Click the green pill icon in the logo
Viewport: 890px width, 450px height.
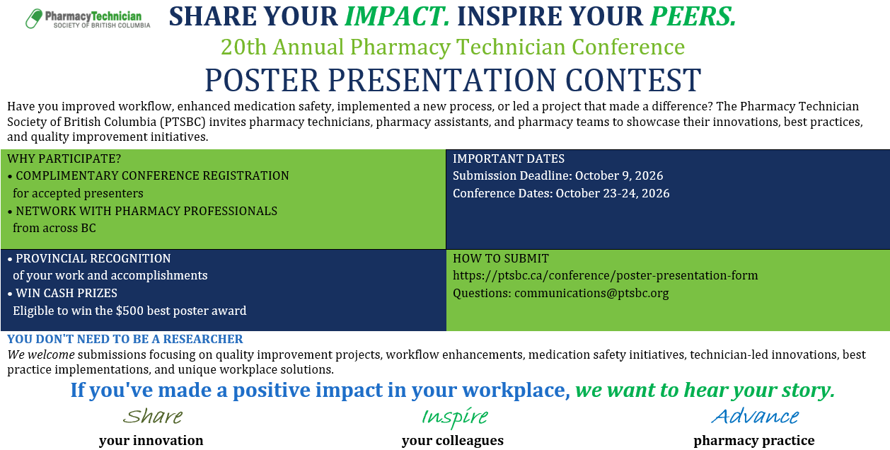(34, 18)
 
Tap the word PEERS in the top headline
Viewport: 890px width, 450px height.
(693, 17)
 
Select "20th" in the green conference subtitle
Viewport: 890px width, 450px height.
(243, 47)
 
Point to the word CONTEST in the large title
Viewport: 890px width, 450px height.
(633, 80)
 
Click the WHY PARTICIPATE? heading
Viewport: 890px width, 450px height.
(64, 158)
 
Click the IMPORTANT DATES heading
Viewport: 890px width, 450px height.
(509, 158)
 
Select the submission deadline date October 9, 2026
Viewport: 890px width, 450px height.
(619, 175)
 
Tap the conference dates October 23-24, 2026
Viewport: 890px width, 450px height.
(612, 193)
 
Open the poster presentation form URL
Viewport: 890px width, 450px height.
(605, 275)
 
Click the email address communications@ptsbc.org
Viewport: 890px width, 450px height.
(591, 294)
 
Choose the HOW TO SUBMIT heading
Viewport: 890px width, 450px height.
(501, 258)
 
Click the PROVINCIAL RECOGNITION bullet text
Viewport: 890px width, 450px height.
(93, 258)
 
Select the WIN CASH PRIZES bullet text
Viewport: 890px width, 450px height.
(67, 294)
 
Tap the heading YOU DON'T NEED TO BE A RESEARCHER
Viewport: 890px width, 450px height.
(125, 339)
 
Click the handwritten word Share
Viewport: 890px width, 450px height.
(153, 416)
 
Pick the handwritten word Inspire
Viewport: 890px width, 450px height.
(454, 417)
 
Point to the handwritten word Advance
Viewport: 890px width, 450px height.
(755, 416)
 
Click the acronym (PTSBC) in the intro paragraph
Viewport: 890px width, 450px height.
(183, 122)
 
